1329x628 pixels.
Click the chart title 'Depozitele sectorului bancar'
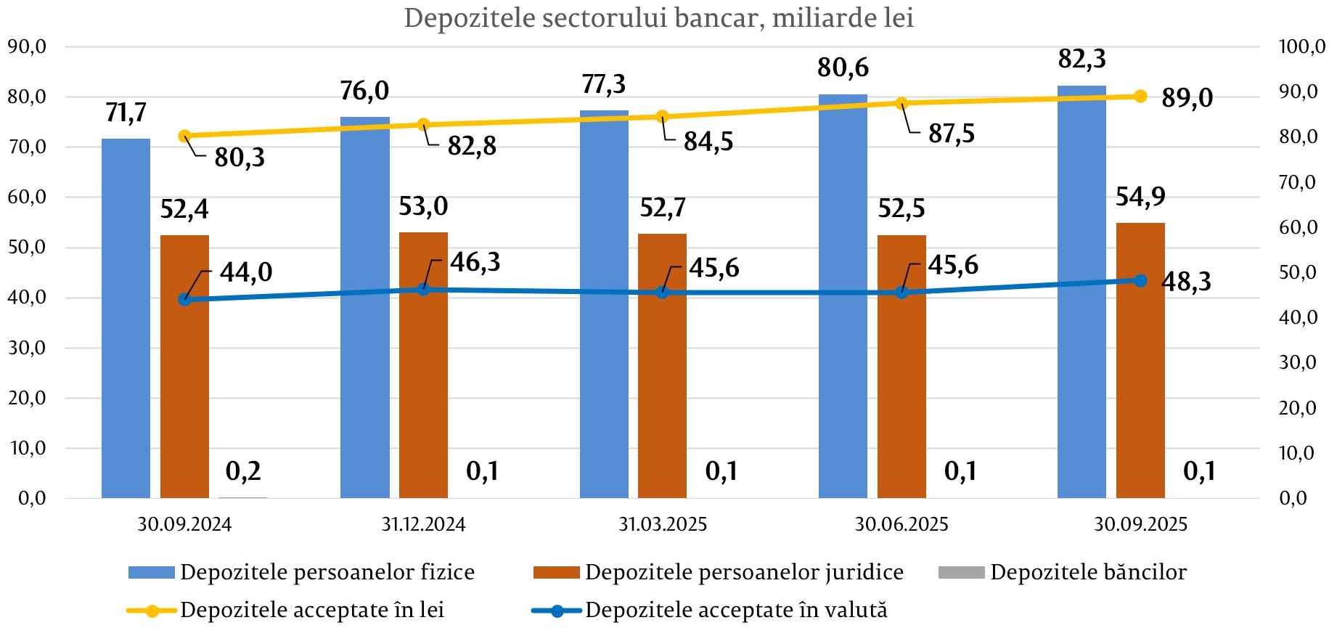(658, 17)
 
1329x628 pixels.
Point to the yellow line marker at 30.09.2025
(1140, 97)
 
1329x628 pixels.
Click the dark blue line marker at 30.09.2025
(1140, 280)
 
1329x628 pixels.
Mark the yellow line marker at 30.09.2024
(184, 136)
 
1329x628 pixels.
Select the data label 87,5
(951, 134)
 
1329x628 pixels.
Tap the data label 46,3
(475, 262)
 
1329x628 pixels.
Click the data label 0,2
(243, 471)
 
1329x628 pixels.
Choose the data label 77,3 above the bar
(603, 84)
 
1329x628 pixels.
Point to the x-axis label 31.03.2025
(663, 524)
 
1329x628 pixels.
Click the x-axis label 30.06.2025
(901, 524)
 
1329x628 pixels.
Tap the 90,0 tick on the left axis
(27, 46)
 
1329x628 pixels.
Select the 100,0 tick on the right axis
(1301, 46)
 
